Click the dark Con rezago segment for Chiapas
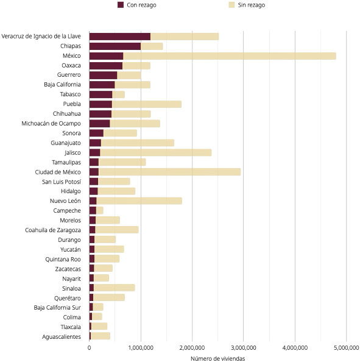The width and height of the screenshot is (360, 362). click(x=115, y=46)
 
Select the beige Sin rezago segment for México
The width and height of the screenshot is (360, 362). click(x=230, y=56)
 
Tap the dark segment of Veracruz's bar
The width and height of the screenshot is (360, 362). click(x=120, y=37)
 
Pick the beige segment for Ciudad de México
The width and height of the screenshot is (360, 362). click(x=169, y=172)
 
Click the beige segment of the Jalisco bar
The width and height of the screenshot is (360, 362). click(x=156, y=152)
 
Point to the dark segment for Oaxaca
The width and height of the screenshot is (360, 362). click(x=106, y=66)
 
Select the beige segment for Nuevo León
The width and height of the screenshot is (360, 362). click(x=139, y=201)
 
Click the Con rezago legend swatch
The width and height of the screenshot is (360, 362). click(x=121, y=5)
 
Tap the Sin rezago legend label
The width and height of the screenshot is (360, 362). click(x=252, y=5)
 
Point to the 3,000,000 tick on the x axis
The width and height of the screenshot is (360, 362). click(x=244, y=347)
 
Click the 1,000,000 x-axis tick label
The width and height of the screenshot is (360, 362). click(x=141, y=347)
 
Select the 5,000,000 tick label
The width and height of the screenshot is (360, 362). click(x=346, y=347)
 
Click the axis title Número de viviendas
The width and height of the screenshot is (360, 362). click(x=218, y=358)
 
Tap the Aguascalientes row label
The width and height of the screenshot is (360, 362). click(x=62, y=337)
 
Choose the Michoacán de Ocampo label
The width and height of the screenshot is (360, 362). click(x=51, y=124)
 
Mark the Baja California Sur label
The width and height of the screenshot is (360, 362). click(x=57, y=308)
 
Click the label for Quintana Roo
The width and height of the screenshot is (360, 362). click(x=63, y=260)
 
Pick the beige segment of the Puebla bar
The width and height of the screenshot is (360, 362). click(x=147, y=104)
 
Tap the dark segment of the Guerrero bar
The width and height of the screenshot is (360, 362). click(x=104, y=75)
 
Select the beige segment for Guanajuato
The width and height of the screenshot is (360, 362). click(x=138, y=143)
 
